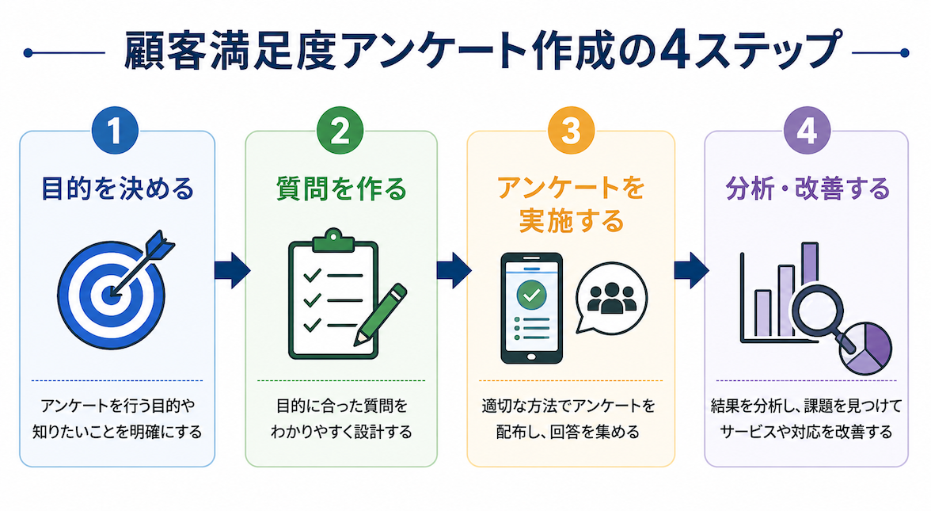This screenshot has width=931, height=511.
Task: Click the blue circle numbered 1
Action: click(116, 131)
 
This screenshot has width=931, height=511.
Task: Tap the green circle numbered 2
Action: click(340, 131)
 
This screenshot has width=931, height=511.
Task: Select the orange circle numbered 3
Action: click(571, 131)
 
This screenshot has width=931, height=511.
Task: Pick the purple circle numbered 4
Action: click(806, 131)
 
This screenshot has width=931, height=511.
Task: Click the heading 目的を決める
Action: click(117, 189)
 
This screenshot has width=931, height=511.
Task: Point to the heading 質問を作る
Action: click(341, 189)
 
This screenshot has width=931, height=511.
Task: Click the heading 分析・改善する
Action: click(807, 189)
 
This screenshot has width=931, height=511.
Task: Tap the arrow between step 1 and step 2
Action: click(232, 270)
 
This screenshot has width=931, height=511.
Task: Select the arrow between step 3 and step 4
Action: click(692, 270)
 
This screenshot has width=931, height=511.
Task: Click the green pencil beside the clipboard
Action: click(380, 315)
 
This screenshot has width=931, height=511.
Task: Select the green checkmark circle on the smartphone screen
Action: click(531, 295)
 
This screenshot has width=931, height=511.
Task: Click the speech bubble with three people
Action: click(611, 297)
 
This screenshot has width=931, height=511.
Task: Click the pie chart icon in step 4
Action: click(867, 349)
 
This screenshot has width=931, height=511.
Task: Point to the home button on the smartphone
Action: click(531, 357)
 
